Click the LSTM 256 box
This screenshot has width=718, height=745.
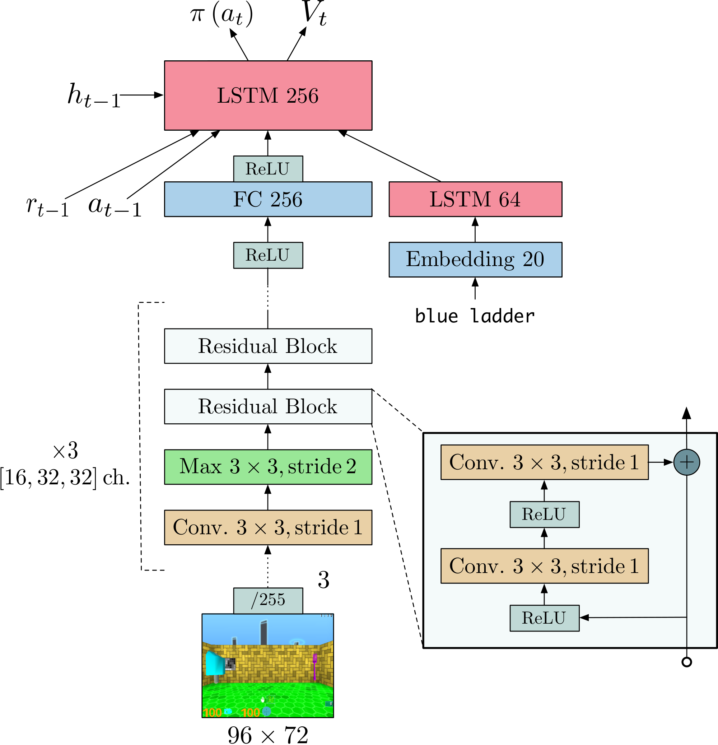(x=268, y=96)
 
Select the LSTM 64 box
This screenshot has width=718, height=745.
(x=475, y=199)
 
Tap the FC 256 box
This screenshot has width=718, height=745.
(x=268, y=199)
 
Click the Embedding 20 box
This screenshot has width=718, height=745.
(x=475, y=260)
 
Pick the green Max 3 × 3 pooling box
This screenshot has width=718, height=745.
(x=268, y=467)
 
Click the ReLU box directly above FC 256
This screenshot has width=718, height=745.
(x=268, y=169)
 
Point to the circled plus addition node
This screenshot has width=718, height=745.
(x=686, y=462)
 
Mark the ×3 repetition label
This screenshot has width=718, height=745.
(x=65, y=451)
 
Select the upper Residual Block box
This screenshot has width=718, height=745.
(x=268, y=346)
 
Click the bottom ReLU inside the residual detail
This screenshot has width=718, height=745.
(x=544, y=618)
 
